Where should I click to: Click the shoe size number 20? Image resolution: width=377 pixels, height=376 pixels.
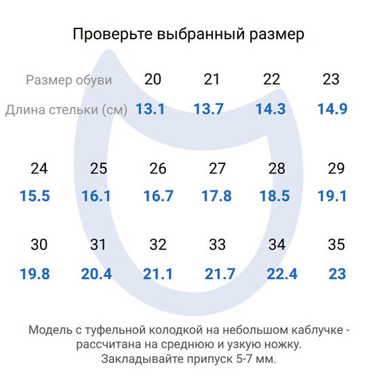coord(153,79)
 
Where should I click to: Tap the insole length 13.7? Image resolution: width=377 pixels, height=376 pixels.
coord(208,109)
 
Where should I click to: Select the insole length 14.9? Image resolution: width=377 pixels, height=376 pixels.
coord(332,109)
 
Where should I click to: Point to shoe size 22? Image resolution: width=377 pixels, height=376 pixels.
coord(272,79)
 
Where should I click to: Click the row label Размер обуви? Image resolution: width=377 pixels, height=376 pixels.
coord(68,80)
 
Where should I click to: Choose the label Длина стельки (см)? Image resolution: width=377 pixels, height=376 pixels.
coord(66,110)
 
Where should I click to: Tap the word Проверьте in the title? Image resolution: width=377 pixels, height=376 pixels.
coord(112,34)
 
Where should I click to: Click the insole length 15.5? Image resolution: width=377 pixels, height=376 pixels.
coord(35,196)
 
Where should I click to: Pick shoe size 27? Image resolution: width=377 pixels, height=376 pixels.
coord(217,169)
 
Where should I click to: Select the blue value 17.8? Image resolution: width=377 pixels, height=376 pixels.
coord(217,196)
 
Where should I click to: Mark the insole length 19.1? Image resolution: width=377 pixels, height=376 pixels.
coord(332,196)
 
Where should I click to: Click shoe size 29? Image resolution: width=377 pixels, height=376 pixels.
coord(336,169)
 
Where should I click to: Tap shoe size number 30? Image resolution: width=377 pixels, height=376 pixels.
coord(39,245)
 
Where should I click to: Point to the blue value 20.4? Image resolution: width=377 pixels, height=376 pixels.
coord(96,274)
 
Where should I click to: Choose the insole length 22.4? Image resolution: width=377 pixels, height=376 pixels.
coord(282,274)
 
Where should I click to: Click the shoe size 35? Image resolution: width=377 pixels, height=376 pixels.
coord(336,245)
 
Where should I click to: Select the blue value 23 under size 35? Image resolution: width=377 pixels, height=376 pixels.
coord(337,274)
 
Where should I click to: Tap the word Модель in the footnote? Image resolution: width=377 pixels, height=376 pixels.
coord(49,331)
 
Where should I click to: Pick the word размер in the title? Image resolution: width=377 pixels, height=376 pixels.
coord(274,34)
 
